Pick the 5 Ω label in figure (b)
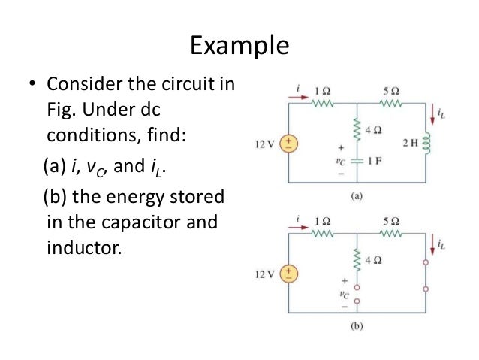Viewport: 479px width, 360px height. point(390,222)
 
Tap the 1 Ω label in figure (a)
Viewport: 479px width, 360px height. point(324,91)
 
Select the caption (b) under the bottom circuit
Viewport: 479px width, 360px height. point(357,327)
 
